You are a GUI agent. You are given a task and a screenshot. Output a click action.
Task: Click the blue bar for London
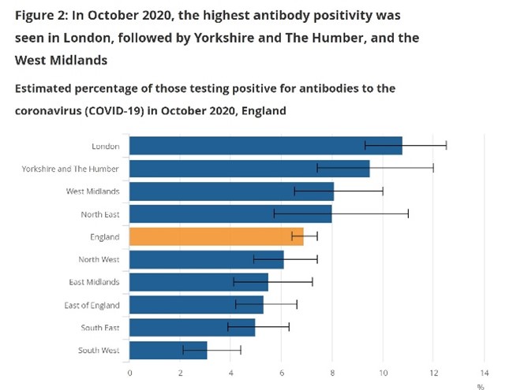pos(265,146)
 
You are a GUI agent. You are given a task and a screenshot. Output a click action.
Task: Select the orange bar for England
pos(216,236)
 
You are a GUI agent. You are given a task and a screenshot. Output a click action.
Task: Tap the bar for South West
pos(168,350)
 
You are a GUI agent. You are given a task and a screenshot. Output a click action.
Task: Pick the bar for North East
pos(230,214)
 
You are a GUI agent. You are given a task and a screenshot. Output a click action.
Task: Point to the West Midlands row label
pos(92,191)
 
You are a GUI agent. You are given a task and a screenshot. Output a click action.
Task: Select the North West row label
pos(99,259)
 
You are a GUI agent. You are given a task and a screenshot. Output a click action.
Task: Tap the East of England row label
pos(92,305)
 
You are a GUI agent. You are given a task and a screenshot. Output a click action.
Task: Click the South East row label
pos(99,327)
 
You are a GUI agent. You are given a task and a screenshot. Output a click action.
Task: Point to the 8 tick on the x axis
pos(332,372)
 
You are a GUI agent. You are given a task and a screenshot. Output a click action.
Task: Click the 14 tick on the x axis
pos(484,372)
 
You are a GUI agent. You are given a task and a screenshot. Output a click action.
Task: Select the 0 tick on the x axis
pos(129,372)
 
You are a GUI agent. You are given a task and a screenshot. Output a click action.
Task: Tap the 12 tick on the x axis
pos(433,372)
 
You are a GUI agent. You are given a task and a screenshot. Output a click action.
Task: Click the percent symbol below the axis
pos(479,386)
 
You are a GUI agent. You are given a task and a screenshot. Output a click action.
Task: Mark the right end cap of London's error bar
pos(446,146)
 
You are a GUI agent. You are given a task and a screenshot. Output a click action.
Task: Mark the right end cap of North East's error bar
pos(408,214)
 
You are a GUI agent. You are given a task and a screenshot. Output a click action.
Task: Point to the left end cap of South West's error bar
pos(183,350)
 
